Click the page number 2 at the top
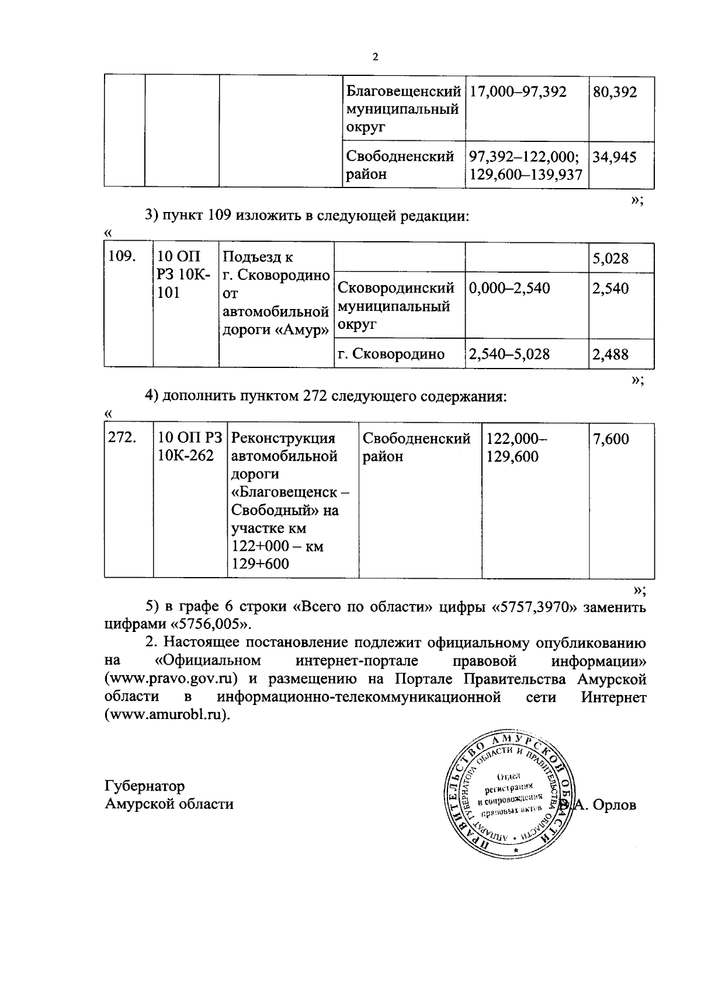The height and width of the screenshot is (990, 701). coord(375,57)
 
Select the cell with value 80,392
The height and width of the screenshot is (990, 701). coord(615,92)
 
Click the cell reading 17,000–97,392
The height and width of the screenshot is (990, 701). coord(518,92)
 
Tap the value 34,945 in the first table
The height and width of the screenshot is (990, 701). coord(615,157)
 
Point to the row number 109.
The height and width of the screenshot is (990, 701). coord(123,257)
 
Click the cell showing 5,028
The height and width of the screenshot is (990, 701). coord(611,258)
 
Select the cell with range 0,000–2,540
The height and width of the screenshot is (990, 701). coord(509,288)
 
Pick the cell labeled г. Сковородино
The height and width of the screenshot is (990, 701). coord(391,354)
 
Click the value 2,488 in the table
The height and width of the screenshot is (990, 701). coord(611,354)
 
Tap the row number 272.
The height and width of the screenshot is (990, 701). coord(123,438)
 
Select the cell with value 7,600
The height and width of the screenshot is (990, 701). coord(611,439)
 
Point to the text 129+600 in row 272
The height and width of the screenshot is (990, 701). coord(261,564)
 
